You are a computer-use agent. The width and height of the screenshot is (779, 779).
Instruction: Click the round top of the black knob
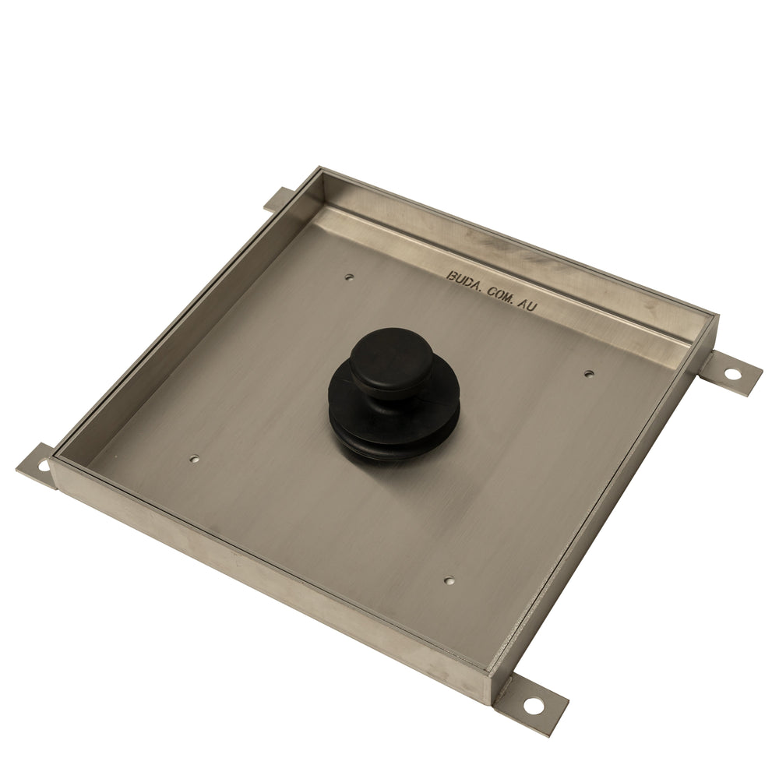392,356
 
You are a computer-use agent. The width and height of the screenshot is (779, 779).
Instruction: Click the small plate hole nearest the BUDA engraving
350,277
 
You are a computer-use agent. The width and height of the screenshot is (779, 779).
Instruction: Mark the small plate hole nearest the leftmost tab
196,459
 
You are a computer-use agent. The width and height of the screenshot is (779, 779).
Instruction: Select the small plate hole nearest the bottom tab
449,580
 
